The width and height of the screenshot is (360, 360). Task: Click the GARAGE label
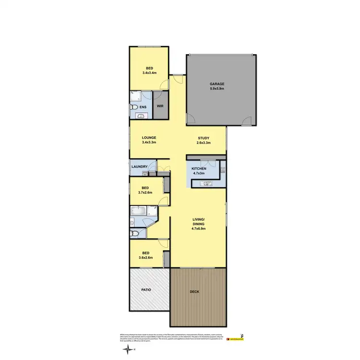(217, 84)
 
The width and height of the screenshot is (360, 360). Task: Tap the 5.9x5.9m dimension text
(217, 89)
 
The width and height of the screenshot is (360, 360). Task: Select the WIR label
(160, 107)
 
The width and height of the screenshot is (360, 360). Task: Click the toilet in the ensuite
(136, 107)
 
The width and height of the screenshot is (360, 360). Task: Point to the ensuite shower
(134, 96)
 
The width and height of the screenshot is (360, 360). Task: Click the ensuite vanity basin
(141, 116)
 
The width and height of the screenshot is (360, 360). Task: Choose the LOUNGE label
(149, 138)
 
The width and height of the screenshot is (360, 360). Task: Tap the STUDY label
(204, 138)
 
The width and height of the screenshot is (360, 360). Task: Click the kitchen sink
(205, 183)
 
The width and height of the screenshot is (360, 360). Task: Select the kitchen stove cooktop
(222, 169)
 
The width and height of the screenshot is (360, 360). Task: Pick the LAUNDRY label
(140, 167)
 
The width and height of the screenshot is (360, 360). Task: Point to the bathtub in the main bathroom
(138, 210)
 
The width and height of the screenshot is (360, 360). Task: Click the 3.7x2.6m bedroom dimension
(145, 192)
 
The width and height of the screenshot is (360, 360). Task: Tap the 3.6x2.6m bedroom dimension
(145, 257)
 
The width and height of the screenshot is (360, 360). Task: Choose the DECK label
(195, 292)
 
